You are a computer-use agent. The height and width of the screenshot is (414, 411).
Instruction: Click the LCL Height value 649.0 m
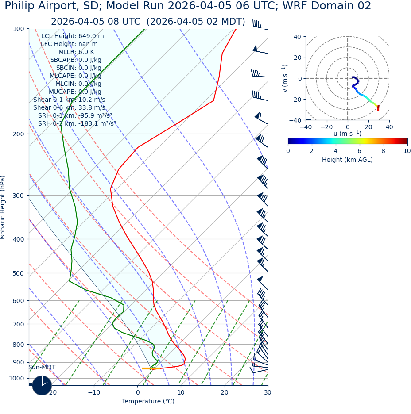click(x=91, y=36)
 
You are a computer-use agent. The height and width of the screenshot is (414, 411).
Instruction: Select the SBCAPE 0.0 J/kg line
click(x=76, y=60)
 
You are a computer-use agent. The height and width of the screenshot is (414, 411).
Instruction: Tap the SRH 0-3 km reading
click(x=77, y=124)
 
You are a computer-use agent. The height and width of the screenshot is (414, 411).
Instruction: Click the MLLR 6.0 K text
click(x=76, y=52)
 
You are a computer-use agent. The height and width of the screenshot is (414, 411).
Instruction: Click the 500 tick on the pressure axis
click(x=18, y=273)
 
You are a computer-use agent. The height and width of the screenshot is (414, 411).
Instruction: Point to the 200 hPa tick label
click(x=18, y=134)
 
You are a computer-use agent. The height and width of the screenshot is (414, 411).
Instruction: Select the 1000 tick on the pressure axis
click(x=16, y=379)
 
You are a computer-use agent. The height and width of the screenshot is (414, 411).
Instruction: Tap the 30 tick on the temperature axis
click(x=268, y=393)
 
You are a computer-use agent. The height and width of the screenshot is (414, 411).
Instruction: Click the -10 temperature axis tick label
click(x=94, y=393)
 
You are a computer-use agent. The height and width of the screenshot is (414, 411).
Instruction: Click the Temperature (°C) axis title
click(x=148, y=402)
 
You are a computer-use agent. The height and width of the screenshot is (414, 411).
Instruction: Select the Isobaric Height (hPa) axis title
click(x=3, y=207)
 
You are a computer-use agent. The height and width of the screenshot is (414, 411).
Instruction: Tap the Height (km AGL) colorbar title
click(x=347, y=160)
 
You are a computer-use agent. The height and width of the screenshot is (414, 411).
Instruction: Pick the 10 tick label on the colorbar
click(x=407, y=151)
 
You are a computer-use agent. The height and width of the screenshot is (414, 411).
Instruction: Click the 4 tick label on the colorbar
click(x=336, y=151)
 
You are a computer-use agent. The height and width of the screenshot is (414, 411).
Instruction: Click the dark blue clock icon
click(x=42, y=385)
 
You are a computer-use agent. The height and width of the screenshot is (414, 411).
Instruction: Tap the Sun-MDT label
click(x=42, y=368)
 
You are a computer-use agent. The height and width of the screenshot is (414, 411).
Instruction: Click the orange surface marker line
click(x=151, y=368)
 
